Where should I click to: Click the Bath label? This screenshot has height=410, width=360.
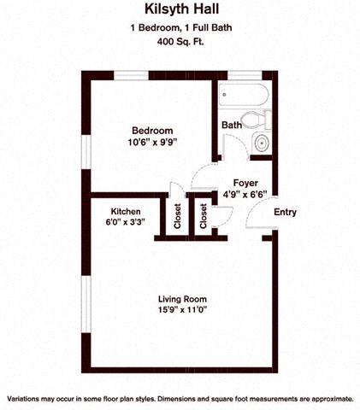(231, 125)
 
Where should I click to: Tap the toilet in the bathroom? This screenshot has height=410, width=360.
(254, 119)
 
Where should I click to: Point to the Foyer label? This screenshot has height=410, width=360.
(245, 181)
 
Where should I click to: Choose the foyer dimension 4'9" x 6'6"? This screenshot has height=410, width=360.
(245, 193)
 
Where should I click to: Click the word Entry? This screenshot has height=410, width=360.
(285, 212)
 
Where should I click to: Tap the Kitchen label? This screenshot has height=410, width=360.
(126, 211)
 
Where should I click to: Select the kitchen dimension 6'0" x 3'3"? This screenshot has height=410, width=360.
(126, 223)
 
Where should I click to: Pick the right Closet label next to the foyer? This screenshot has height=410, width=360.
(204, 218)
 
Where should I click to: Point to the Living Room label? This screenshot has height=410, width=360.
(183, 298)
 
